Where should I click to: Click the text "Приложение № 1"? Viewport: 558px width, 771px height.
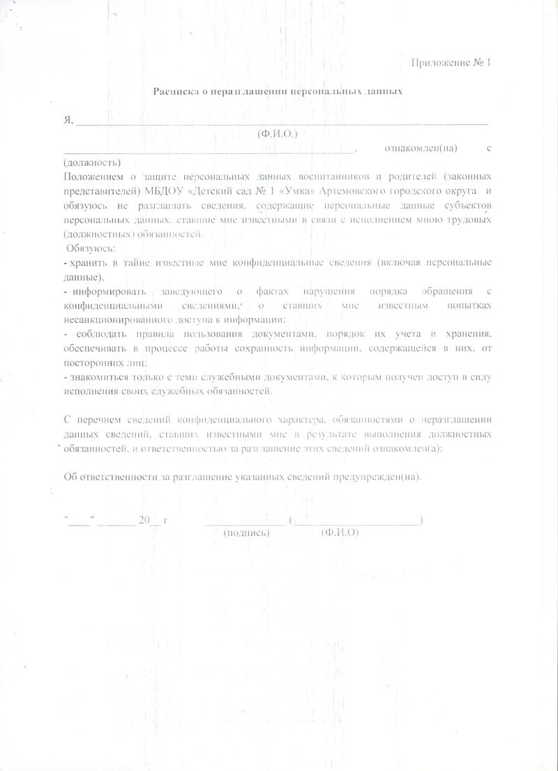452,63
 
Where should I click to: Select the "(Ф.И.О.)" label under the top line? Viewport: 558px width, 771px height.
277,134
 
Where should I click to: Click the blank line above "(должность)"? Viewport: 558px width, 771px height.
209,150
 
